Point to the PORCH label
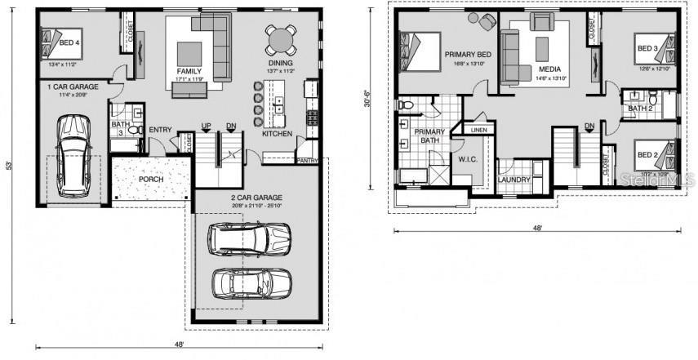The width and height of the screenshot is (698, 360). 151,180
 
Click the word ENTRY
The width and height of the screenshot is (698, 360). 161,130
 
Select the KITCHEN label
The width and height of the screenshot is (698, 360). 278,133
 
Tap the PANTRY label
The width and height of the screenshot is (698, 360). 308,161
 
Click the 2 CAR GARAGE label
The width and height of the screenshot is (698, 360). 257,198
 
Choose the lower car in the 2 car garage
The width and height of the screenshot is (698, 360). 251,283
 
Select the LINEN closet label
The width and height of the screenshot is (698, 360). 479,129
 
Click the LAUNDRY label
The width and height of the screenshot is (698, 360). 515,180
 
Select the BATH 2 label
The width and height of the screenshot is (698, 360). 640,108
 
